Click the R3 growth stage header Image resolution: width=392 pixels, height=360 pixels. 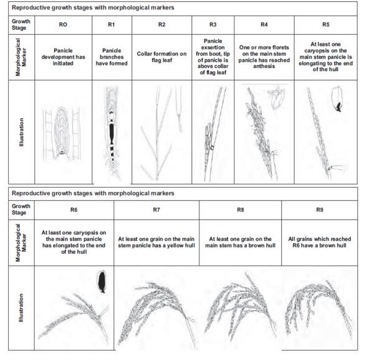pos(213,24)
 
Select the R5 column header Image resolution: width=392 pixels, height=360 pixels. pos(326,24)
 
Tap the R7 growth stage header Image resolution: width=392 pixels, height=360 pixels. pos(156,210)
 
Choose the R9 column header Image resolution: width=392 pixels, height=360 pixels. pos(320,210)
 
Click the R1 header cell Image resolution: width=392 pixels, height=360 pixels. pos(112,24)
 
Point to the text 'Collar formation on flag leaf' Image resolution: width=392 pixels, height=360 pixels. pos(162,57)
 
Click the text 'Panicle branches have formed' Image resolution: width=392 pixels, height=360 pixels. pos(112,57)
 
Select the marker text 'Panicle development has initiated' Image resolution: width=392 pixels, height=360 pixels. pos(63,57)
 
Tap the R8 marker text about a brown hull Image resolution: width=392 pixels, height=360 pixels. pos(241,242)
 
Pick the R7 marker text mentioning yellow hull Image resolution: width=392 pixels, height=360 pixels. pos(156,242)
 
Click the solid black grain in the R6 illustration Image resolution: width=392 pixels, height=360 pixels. pos(102,282)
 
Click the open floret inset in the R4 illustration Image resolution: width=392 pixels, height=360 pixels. pos(277,97)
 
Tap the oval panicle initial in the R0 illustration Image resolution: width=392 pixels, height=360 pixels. pos(62,131)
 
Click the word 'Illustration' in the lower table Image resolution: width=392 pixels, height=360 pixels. pos(22,308)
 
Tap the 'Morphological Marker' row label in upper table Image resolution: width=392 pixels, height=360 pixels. pos(21,57)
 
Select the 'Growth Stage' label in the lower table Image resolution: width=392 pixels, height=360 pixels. pos(21,209)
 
